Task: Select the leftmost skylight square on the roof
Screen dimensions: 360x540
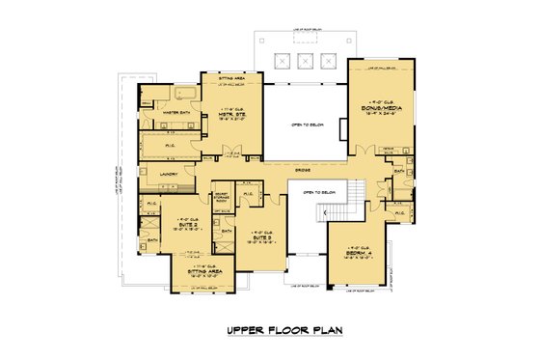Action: [x=283, y=61]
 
